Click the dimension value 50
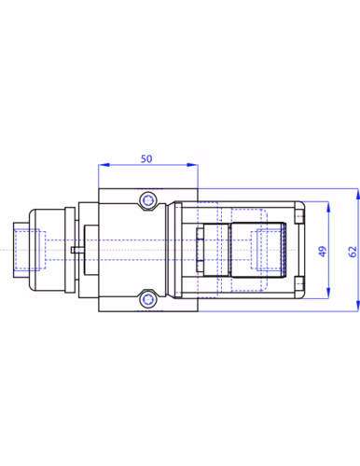(146, 158)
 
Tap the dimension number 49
(323, 252)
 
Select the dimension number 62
(353, 252)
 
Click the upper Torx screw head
(147, 200)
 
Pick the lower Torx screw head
(147, 299)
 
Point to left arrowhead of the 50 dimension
(104, 165)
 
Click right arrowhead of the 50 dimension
(192, 165)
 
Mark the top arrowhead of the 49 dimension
(328, 207)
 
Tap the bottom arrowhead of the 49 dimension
(328, 293)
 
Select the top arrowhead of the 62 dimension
(358, 194)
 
